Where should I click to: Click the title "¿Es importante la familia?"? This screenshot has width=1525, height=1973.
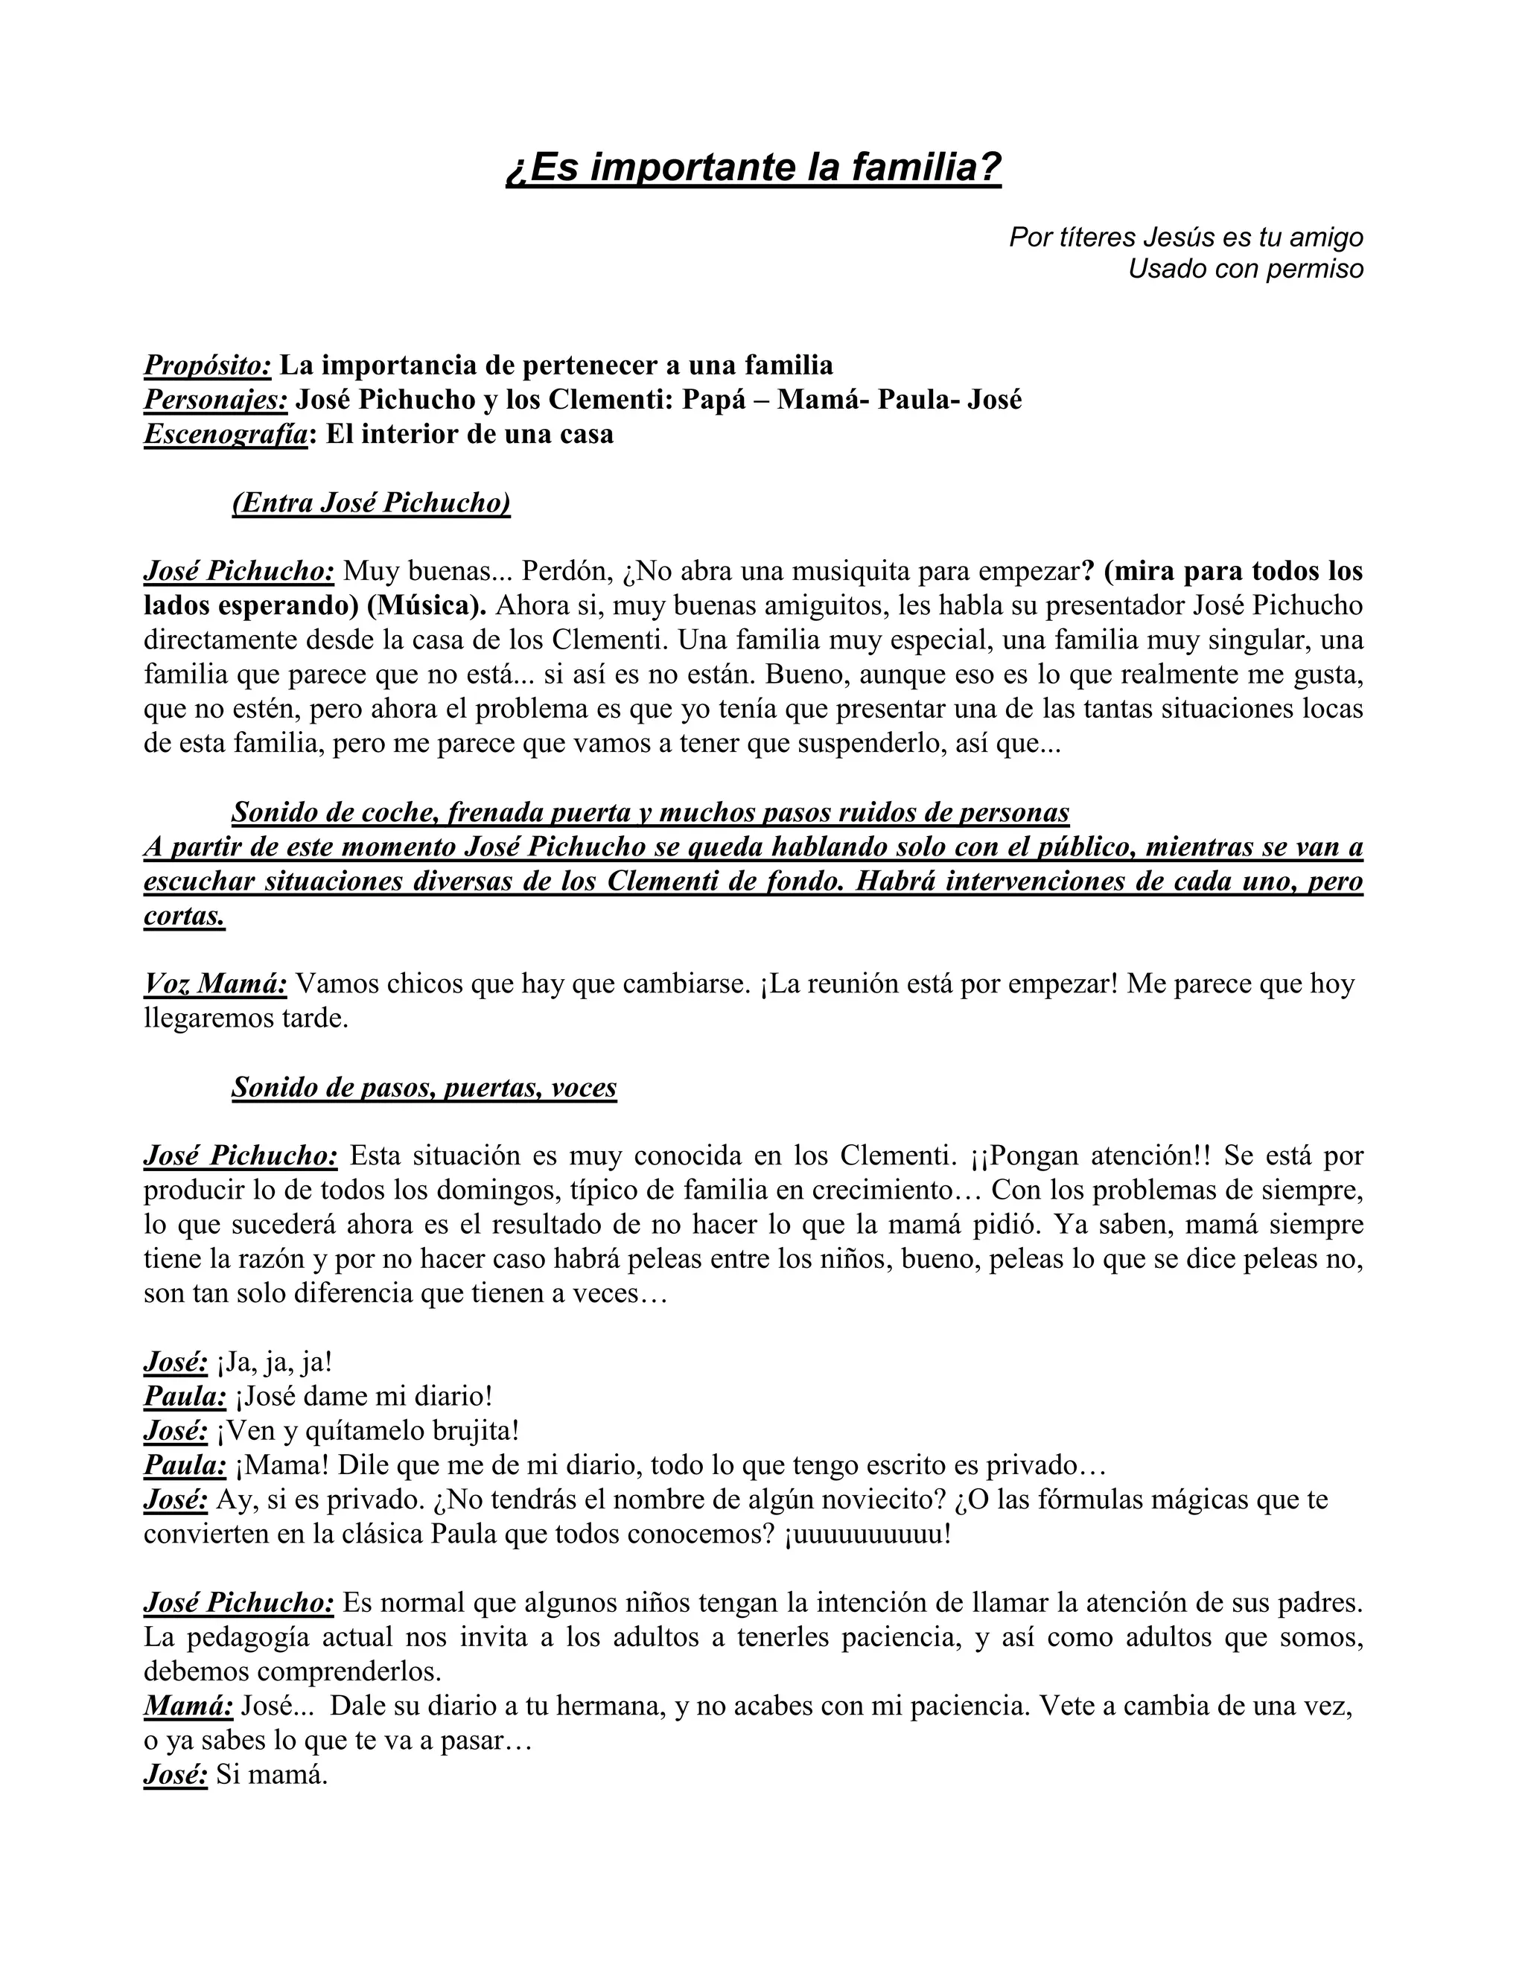[754, 168]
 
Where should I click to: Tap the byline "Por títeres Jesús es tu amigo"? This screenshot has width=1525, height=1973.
[1185, 237]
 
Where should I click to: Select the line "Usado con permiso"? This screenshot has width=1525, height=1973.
[1245, 268]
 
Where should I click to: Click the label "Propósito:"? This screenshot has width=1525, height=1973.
[208, 365]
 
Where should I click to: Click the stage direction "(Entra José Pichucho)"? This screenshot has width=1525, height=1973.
[372, 503]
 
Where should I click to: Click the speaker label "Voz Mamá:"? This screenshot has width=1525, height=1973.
[216, 983]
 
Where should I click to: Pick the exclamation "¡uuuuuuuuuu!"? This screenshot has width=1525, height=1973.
[868, 1533]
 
